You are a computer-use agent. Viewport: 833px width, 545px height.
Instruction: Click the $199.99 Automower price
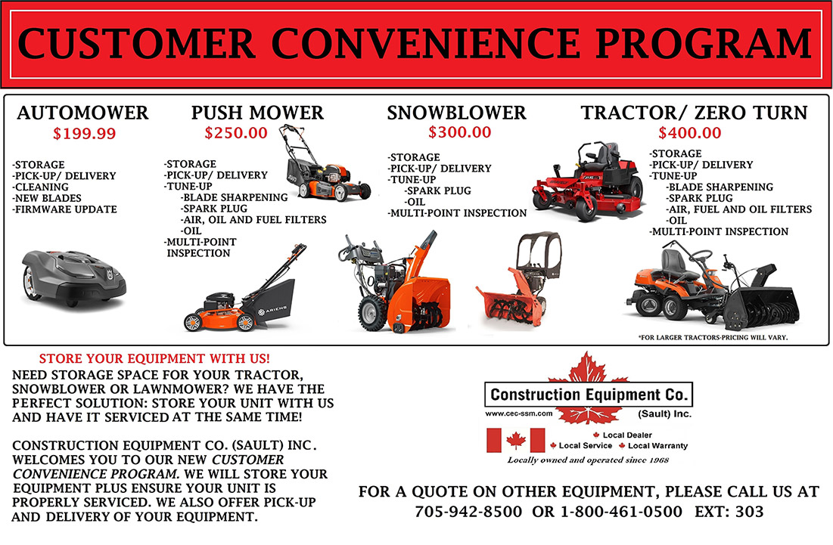(x=84, y=134)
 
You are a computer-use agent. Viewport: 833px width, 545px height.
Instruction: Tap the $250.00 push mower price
(x=235, y=133)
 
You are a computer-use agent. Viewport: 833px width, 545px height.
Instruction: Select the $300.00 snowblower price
(x=459, y=132)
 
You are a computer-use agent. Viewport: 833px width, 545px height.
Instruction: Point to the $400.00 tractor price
(x=689, y=133)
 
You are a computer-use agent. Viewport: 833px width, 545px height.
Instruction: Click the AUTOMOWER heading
(x=83, y=113)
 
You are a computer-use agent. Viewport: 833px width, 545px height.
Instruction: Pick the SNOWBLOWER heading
(x=456, y=113)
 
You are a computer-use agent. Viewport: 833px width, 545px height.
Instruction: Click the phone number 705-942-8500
(x=468, y=512)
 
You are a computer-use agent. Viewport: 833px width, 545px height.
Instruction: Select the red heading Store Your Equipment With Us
(x=154, y=358)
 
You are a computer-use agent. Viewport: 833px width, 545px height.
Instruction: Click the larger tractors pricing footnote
(x=713, y=337)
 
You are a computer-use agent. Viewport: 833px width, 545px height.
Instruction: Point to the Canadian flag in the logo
(x=516, y=440)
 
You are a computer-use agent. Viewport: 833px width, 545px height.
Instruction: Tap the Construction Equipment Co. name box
(x=588, y=395)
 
